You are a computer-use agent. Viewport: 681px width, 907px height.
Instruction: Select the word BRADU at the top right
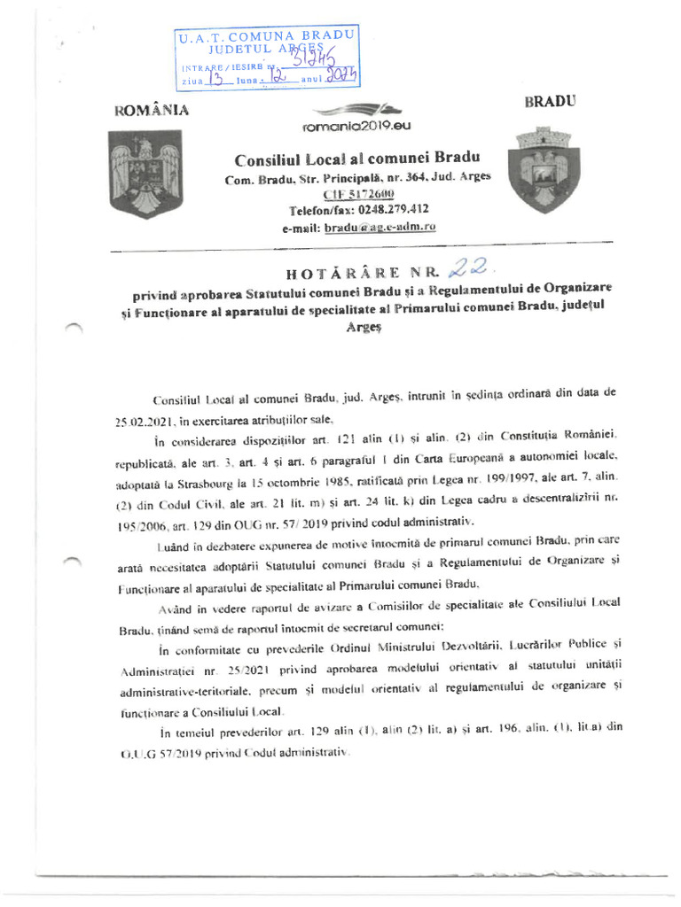pos(550,101)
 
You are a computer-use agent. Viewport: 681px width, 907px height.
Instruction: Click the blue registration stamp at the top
pos(267,57)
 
